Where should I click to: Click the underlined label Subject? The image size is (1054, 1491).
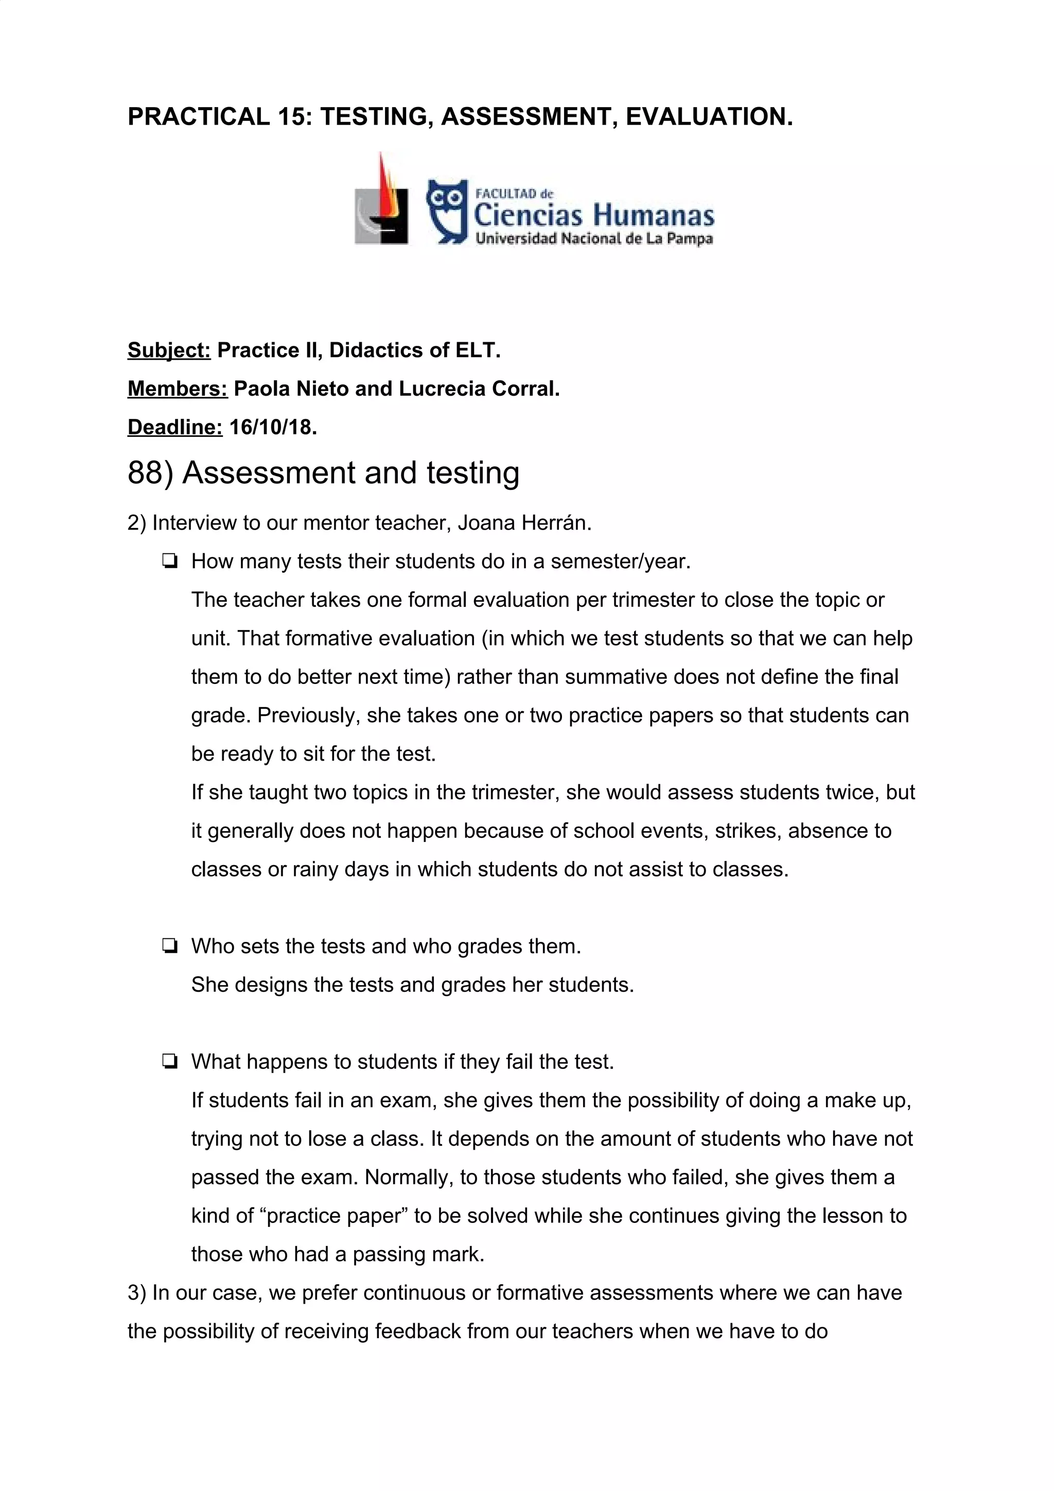169,350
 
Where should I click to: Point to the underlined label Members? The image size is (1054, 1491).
177,389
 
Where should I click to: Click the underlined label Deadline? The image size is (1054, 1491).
174,427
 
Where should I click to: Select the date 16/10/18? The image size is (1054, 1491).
273,427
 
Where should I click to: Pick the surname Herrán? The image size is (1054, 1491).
556,523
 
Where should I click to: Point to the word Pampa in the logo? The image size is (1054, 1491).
690,238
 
